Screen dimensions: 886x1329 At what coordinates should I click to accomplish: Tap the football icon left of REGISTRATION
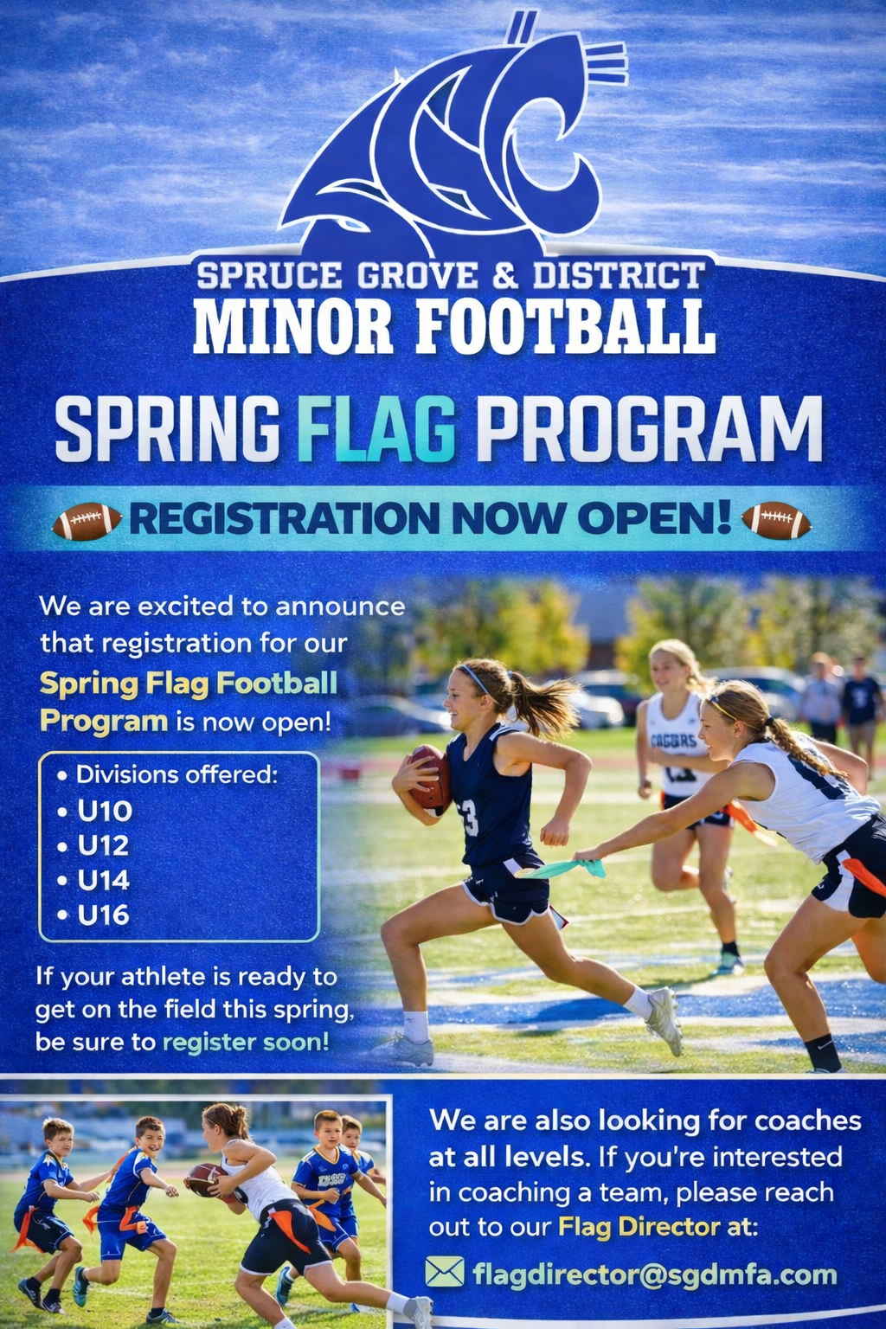(87, 521)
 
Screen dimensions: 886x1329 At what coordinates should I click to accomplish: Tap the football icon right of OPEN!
(776, 520)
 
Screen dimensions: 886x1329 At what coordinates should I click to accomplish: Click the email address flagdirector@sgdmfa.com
(655, 1274)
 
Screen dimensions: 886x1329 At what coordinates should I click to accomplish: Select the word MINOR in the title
(292, 328)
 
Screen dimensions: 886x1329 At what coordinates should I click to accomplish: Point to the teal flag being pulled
(564, 868)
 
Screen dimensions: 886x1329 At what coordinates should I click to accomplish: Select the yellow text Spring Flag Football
(189, 683)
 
